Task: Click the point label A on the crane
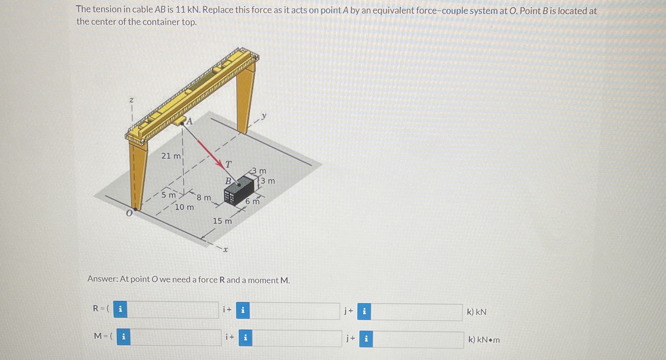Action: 189,121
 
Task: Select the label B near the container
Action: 228,181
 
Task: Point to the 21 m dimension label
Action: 171,156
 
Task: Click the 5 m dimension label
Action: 168,195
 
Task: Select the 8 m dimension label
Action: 204,198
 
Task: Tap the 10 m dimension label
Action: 184,207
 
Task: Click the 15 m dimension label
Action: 222,221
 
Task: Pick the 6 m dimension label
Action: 252,201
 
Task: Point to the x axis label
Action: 226,250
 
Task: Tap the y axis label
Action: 264,115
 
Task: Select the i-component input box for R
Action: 173,310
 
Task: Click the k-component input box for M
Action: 418,340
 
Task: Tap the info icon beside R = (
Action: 120,309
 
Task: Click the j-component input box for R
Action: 294,311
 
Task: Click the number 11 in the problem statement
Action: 180,10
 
